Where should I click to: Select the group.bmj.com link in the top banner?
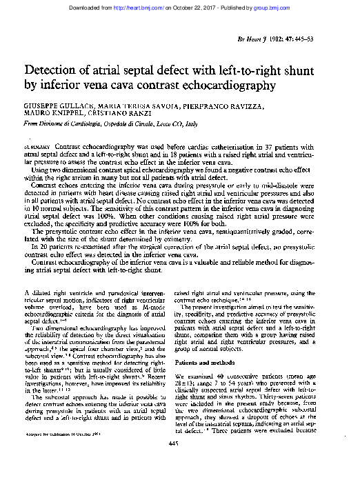284,6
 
